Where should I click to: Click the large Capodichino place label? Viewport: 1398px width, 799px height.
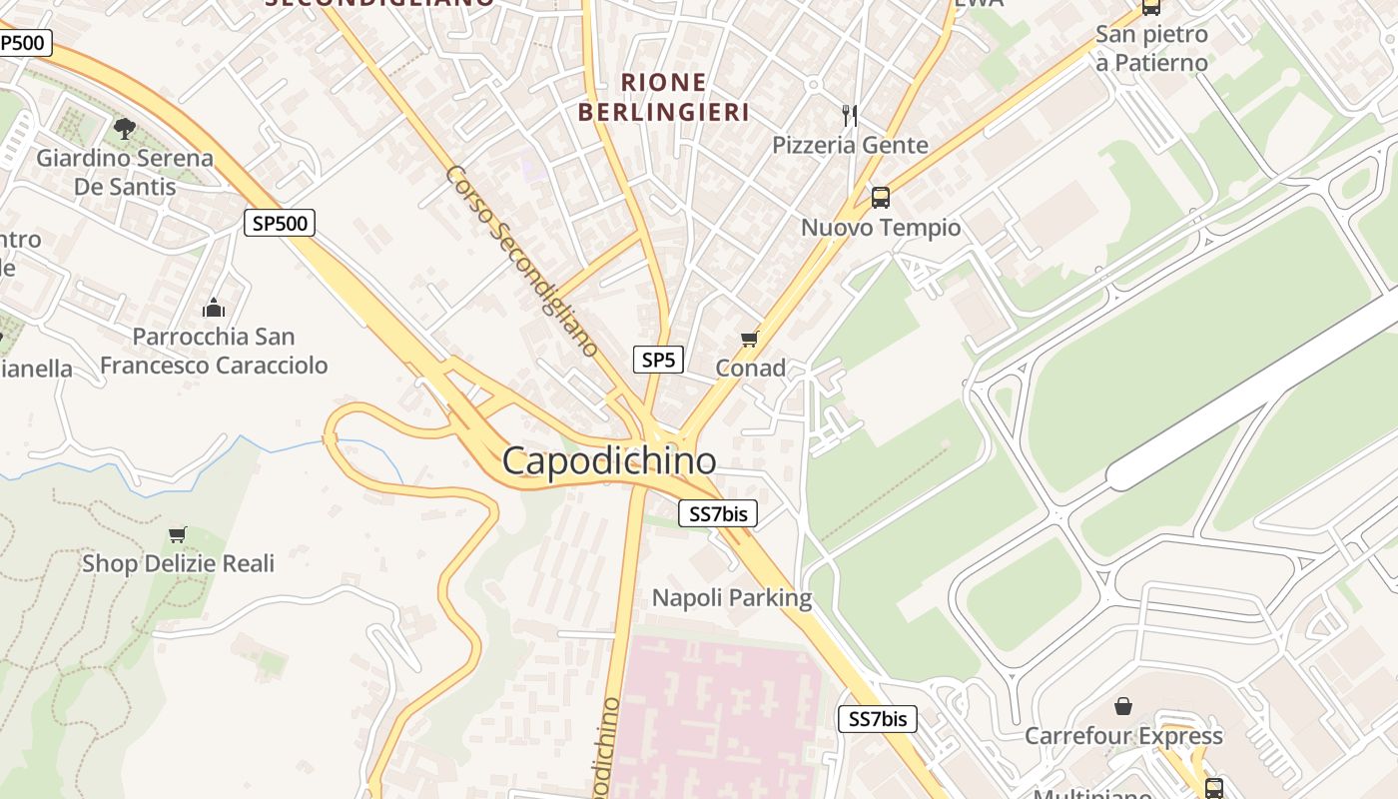point(608,461)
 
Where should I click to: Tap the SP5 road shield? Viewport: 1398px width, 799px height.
point(658,361)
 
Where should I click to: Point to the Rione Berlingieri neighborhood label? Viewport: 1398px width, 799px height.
point(663,97)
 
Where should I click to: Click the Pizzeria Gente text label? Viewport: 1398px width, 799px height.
point(850,146)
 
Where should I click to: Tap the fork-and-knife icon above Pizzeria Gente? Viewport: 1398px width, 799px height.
point(850,115)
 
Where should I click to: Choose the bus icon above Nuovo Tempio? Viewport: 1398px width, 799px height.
point(880,197)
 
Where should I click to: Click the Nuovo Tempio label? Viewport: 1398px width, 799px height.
point(881,228)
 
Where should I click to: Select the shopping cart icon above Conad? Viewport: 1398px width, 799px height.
point(750,340)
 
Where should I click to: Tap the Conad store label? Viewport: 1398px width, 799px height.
point(750,369)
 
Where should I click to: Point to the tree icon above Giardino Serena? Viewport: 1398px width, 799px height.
point(125,128)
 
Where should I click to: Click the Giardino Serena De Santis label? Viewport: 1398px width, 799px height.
point(125,172)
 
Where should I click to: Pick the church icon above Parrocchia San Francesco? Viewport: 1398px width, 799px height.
point(213,307)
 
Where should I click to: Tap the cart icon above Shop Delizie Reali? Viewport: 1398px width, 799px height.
point(178,534)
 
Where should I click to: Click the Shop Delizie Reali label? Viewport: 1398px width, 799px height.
point(178,563)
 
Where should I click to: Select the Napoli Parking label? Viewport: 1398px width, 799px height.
point(732,598)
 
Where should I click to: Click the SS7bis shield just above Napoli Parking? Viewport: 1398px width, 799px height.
point(718,514)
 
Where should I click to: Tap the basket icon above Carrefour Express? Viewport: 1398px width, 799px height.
point(1123,707)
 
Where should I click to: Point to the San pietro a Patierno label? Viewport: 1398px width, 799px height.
point(1151,48)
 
